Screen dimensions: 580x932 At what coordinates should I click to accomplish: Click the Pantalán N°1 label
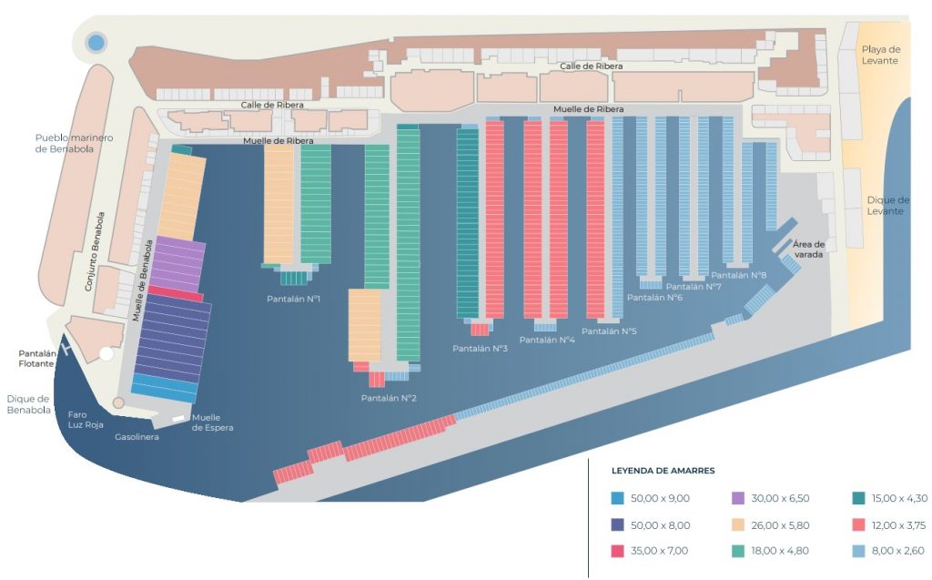tap(293, 299)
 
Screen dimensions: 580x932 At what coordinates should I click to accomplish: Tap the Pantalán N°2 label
tap(389, 398)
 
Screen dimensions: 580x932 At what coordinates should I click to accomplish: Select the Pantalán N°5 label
tap(609, 331)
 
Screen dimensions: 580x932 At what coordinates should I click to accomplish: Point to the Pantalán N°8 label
tap(739, 275)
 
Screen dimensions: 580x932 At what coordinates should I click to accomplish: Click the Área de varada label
tap(808, 249)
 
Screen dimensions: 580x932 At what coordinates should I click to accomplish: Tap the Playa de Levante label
tap(880, 55)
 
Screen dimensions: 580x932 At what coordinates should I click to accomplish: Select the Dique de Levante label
tap(888, 206)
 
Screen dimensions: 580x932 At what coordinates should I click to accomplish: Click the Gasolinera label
tap(137, 437)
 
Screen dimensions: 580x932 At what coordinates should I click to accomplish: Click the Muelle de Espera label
tap(212, 422)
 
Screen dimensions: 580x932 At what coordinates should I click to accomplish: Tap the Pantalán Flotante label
tap(37, 359)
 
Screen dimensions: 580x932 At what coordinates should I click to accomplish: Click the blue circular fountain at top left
tap(96, 42)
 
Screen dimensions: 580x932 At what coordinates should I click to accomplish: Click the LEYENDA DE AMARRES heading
tap(664, 471)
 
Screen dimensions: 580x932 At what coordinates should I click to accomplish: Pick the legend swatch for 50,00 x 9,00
tap(618, 498)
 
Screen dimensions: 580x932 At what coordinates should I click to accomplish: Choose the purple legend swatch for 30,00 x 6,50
tap(737, 498)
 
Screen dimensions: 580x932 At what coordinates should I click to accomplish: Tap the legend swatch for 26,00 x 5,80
tap(737, 524)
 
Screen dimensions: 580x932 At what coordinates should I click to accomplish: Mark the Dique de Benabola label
tap(29, 404)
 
